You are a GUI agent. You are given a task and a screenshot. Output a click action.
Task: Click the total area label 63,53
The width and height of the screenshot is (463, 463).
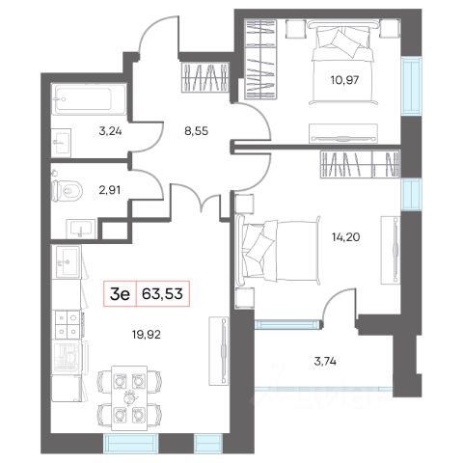click(x=162, y=293)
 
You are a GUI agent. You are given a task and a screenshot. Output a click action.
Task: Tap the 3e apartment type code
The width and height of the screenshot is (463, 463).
click(x=120, y=294)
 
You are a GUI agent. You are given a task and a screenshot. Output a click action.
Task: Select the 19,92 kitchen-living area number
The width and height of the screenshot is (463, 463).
click(x=147, y=335)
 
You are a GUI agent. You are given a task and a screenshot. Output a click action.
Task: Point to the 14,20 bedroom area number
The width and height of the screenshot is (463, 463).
click(x=345, y=237)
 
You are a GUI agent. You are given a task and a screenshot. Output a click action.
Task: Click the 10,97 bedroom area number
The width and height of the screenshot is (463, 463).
click(x=344, y=80)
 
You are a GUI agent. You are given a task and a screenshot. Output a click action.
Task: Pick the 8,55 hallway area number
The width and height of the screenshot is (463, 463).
click(x=197, y=131)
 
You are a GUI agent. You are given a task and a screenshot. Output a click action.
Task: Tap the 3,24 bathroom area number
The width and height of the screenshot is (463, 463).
click(x=110, y=131)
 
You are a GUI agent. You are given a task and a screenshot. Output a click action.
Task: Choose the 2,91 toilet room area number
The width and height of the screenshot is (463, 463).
click(x=110, y=190)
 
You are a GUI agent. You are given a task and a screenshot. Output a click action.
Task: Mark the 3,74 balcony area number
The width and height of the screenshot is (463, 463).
click(x=325, y=362)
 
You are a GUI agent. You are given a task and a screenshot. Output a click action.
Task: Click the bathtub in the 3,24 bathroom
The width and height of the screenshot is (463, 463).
click(x=89, y=98)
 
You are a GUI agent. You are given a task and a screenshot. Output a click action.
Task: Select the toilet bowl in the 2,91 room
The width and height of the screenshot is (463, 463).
click(x=68, y=191)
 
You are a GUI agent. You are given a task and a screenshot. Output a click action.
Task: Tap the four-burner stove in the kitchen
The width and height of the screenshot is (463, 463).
click(x=68, y=324)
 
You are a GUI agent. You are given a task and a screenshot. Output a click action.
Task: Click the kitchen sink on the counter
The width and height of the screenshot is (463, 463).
click(x=68, y=261)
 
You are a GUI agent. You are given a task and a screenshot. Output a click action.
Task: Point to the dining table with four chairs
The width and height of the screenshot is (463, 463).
click(x=129, y=398)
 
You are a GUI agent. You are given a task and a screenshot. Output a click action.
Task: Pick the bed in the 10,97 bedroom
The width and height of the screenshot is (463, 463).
click(x=342, y=62)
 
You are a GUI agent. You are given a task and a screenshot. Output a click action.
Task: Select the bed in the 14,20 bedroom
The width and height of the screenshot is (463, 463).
click(x=278, y=251)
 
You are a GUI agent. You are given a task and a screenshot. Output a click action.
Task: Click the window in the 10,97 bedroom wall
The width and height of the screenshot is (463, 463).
click(x=411, y=85)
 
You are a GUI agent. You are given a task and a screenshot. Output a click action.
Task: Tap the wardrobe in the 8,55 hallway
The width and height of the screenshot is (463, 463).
click(x=205, y=77)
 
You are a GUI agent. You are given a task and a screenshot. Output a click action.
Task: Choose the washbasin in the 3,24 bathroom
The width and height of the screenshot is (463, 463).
click(x=62, y=143)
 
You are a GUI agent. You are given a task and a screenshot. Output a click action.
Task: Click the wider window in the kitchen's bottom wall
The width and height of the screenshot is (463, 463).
click(x=131, y=444)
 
